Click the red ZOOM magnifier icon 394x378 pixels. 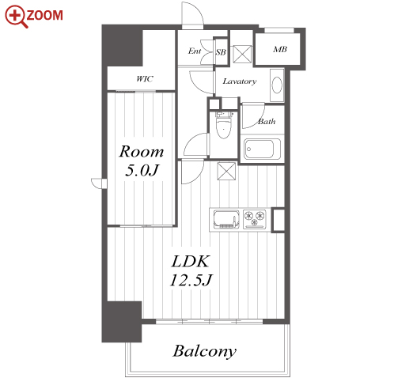[x=16, y=16]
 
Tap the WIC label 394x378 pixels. [x=145, y=78]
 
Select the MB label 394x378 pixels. [x=280, y=49]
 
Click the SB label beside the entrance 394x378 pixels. [x=221, y=52]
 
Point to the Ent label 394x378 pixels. [x=195, y=51]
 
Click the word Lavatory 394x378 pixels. [x=240, y=81]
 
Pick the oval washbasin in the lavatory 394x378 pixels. [x=277, y=85]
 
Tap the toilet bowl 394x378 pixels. [x=223, y=125]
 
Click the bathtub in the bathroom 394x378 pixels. [x=262, y=149]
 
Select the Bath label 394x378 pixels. [x=267, y=122]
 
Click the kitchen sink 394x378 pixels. [x=226, y=219]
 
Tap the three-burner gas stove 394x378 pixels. [x=255, y=219]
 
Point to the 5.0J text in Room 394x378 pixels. [x=142, y=171]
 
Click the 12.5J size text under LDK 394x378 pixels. [x=191, y=280]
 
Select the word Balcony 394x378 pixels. [x=204, y=351]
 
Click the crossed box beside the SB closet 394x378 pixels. [x=242, y=54]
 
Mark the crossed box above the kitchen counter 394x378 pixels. [x=226, y=171]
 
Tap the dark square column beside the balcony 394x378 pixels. [x=122, y=322]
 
